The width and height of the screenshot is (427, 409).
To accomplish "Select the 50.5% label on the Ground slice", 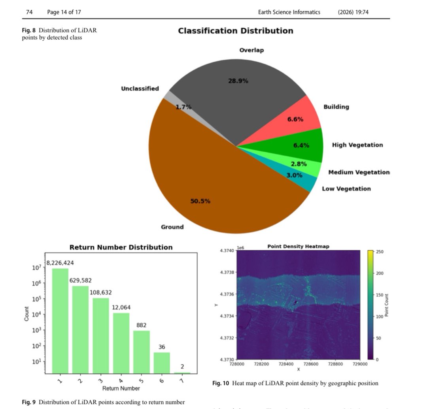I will coord(200,201).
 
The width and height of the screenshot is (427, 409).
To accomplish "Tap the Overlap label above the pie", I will coord(251,50).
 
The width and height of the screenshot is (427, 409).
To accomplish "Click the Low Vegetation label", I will coord(346,189).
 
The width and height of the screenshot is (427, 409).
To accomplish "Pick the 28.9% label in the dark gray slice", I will coord(238,81).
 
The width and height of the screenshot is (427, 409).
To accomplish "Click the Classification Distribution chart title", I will coord(236,31).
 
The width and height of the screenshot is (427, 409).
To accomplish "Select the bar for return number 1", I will coord(60,320).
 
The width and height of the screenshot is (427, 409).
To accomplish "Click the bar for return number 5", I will coord(142,352).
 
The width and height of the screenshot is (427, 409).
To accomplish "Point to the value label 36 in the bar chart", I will coord(162,347).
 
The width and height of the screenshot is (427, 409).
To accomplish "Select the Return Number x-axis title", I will coord(121,388).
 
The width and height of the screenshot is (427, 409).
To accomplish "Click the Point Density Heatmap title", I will coord(298,247).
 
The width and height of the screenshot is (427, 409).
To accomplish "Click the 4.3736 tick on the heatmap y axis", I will coord(228,294).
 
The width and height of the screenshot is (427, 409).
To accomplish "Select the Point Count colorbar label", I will coord(387,305).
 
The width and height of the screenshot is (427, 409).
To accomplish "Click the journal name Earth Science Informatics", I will coord(289,12).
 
